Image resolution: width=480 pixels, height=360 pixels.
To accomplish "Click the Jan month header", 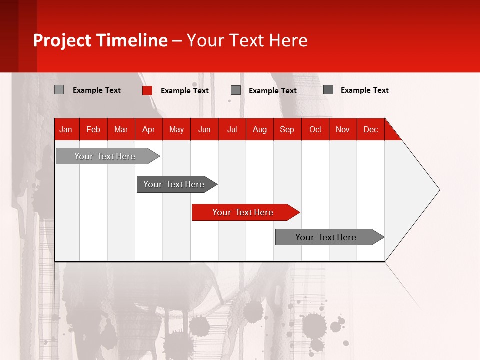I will pos(66,130).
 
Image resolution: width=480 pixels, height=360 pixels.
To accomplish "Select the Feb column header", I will pos(93,130).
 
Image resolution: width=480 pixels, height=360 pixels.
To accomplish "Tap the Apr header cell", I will pos(149,130).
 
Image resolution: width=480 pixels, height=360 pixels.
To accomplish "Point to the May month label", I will pos(176,130).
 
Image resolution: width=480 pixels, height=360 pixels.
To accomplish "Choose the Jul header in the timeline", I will pos(232,130).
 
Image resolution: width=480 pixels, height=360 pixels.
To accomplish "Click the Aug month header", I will pos(260,130).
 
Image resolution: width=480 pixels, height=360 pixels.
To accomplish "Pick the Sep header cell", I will pos(287,130).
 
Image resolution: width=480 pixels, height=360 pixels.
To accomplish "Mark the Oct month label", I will pos(315,130).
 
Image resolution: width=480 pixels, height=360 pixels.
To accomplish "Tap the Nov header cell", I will pos(343,130).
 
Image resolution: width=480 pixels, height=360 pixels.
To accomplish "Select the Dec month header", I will pos(371,130).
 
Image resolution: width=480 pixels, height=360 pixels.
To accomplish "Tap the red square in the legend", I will pos(147,90).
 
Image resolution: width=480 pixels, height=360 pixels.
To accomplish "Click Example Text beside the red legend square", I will pos(185,91).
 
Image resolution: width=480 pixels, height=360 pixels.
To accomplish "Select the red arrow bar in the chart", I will pos(245,212).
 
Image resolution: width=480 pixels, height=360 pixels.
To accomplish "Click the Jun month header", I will pos(204,130).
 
